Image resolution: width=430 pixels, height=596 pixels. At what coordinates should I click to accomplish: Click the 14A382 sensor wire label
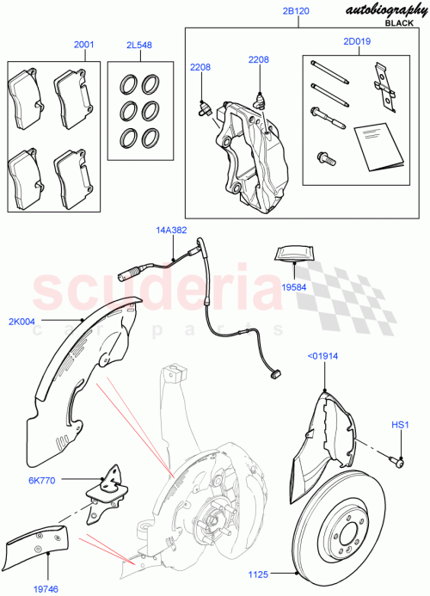(x=171, y=230)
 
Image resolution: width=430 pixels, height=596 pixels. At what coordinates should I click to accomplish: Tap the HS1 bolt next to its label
(x=400, y=462)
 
